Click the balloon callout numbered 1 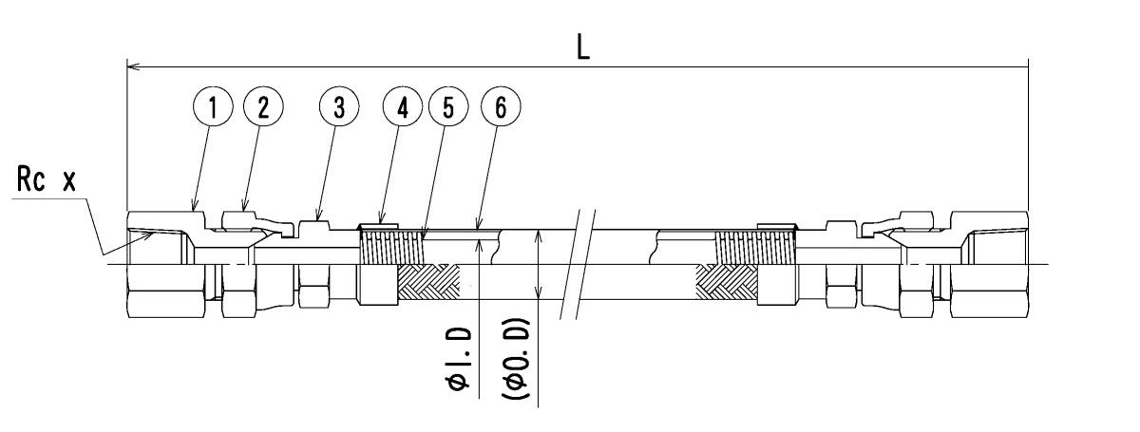[214, 107]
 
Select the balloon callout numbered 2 [263, 107]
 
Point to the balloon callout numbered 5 [447, 107]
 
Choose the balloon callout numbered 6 [502, 107]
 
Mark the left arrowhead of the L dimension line [132, 67]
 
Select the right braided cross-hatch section [726, 281]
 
